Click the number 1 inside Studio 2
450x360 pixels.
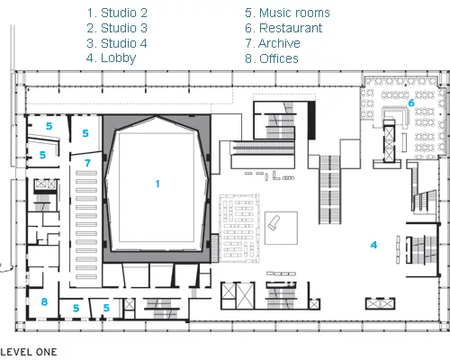pyautogui.click(x=157, y=184)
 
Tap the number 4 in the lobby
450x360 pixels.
pyautogui.click(x=373, y=245)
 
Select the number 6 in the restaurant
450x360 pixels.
pyautogui.click(x=411, y=103)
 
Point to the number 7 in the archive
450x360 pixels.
pyautogui.click(x=87, y=163)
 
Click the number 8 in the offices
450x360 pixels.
pyautogui.click(x=44, y=301)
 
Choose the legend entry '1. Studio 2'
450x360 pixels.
pyautogui.click(x=117, y=13)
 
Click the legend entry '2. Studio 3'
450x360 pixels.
pyautogui.click(x=117, y=28)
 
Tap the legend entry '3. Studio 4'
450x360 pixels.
pyautogui.click(x=117, y=43)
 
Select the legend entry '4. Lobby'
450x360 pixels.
pyautogui.click(x=111, y=58)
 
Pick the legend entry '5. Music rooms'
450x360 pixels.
pyautogui.click(x=287, y=13)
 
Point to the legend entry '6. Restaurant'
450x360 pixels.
pyautogui.click(x=283, y=28)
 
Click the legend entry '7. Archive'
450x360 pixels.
pyautogui.click(x=273, y=43)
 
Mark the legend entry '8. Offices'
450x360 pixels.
pyautogui.click(x=272, y=58)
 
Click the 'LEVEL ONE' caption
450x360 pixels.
pyautogui.click(x=29, y=352)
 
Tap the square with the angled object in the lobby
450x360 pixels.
pyautogui.click(x=281, y=228)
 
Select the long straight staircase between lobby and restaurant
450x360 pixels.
pyautogui.click(x=329, y=190)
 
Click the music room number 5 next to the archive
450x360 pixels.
pyautogui.click(x=85, y=133)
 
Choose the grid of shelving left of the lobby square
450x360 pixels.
pyautogui.click(x=239, y=229)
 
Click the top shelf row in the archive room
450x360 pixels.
pyautogui.click(x=86, y=173)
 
